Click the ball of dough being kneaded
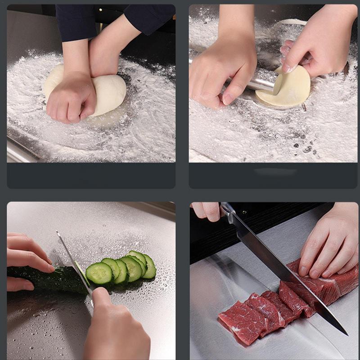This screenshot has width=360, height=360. pos(110,92)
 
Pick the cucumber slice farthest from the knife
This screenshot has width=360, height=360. pos(149,266)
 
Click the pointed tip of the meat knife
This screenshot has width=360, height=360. pos(346,333)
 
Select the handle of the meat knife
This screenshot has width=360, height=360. pos(230,214)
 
